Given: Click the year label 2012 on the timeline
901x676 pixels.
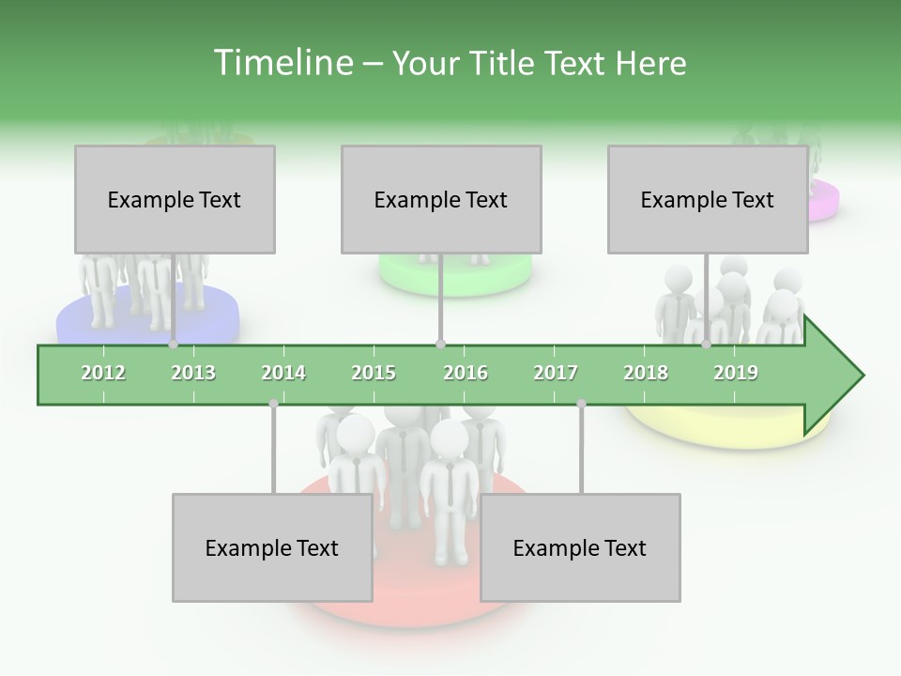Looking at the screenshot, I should click(103, 373).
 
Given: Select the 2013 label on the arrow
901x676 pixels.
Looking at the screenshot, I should click(193, 373).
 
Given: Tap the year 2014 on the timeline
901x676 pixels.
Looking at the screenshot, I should click(283, 373).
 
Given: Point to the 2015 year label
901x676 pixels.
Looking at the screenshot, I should click(374, 373).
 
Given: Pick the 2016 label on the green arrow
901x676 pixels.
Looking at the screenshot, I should click(466, 373).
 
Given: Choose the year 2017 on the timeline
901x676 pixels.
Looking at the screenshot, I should click(556, 373).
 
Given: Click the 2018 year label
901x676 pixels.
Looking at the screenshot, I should click(646, 373).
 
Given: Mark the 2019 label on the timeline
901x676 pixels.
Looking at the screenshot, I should click(736, 373).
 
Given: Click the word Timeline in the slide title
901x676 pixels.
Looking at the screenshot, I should click(281, 63).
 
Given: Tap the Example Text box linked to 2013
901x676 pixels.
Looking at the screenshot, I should click(175, 199).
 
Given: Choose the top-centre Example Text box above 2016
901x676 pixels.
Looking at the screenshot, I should click(441, 199).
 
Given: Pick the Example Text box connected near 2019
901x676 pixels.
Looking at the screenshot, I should click(708, 199).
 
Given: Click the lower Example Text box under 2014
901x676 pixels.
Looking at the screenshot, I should click(272, 547).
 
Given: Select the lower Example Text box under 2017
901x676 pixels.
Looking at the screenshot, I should click(580, 547).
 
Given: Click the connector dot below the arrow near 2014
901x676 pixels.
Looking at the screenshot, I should click(273, 404).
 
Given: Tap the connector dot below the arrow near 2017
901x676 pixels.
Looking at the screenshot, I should click(581, 404).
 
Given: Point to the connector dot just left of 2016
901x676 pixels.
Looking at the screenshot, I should click(441, 345).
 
